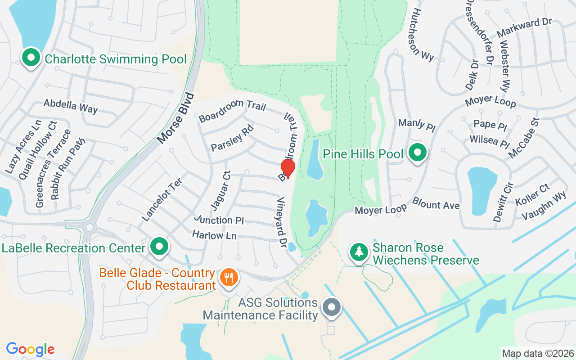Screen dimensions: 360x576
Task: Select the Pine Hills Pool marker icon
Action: click(417, 153)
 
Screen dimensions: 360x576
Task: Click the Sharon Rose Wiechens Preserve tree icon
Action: click(359, 252)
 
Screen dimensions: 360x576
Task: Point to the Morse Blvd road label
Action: click(176, 118)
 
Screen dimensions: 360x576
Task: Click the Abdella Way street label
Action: click(70, 106)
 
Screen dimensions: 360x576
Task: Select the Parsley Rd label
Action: click(232, 141)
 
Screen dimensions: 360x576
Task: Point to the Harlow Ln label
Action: click(214, 235)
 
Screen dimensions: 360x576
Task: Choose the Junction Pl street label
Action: click(219, 220)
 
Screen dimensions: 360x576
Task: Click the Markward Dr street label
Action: click(524, 29)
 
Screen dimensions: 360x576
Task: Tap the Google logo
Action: click(30, 349)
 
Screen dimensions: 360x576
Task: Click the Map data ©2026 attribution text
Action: click(538, 353)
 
